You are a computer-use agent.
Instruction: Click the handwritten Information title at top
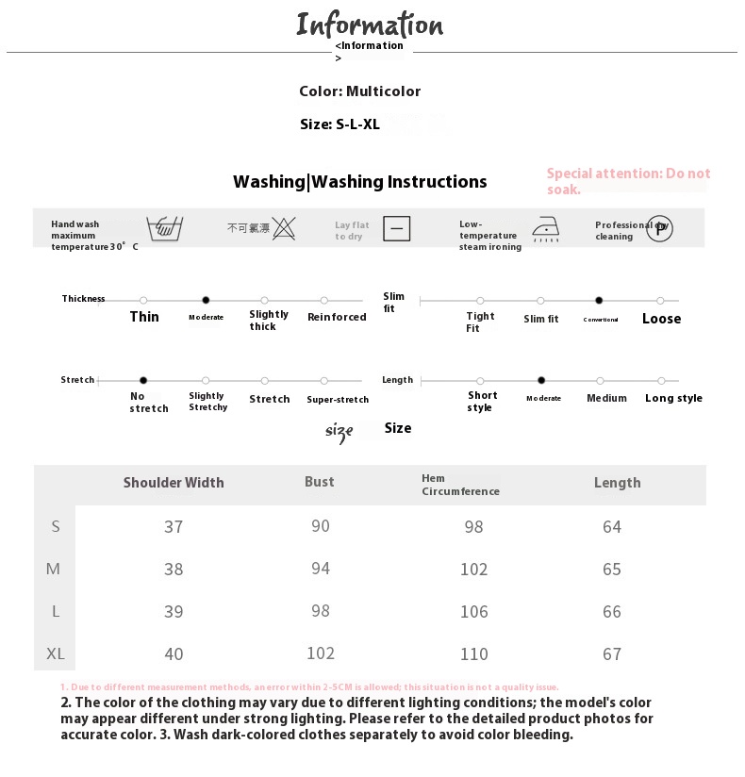click(x=370, y=25)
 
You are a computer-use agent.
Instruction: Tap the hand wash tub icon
click(x=165, y=228)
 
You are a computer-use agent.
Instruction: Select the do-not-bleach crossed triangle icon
click(x=284, y=227)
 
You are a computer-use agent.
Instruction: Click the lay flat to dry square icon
click(x=397, y=228)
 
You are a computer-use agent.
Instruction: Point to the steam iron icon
click(x=546, y=229)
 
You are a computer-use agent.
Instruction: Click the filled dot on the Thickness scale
click(x=206, y=300)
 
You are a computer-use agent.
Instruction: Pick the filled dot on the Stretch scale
click(x=143, y=380)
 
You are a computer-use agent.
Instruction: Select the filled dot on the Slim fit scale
click(x=599, y=300)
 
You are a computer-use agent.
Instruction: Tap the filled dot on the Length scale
click(x=541, y=380)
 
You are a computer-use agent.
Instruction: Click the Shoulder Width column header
click(x=174, y=483)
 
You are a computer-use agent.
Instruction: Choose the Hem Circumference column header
click(x=460, y=485)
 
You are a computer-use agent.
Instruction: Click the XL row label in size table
click(x=56, y=653)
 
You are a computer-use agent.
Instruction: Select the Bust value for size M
click(x=321, y=569)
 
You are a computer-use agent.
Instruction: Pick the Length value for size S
click(x=612, y=526)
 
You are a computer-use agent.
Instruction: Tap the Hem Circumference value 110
click(x=473, y=653)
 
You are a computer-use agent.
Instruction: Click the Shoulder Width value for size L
click(x=174, y=611)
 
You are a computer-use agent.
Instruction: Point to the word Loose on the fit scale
click(x=661, y=319)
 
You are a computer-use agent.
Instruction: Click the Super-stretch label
click(x=338, y=400)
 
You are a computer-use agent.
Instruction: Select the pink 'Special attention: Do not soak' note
click(x=628, y=180)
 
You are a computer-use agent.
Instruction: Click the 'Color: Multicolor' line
click(x=359, y=91)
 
